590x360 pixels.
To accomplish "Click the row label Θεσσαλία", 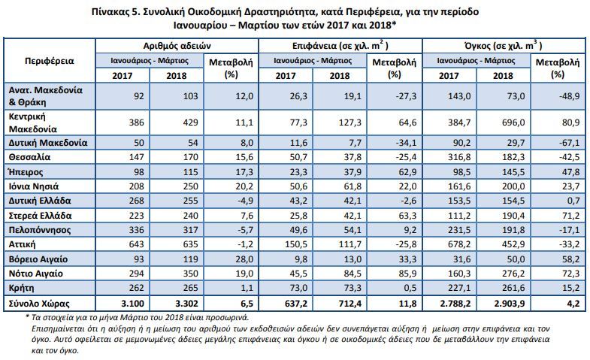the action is coord(29,157).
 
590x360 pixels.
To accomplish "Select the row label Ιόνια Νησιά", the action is coord(34,186).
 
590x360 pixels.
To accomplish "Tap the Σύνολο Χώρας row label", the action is coord(39,303).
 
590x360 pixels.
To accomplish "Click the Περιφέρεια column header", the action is coord(50,61).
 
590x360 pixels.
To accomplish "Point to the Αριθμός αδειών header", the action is coord(177,46).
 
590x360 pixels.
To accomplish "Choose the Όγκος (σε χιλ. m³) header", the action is coord(504,46).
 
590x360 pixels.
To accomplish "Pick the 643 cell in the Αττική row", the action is coord(136,244).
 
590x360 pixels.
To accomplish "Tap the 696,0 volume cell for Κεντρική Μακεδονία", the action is coord(515,123).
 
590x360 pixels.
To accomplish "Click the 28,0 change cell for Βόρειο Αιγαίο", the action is coord(244,259).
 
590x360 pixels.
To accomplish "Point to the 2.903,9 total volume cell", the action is coord(509,304).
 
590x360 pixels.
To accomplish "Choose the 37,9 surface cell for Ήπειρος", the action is coord(352,172).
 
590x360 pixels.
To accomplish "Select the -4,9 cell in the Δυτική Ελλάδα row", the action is coord(245,201).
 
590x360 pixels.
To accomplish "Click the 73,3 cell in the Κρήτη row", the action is coord(352,288).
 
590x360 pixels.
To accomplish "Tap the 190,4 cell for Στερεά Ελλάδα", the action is coord(513,216).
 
